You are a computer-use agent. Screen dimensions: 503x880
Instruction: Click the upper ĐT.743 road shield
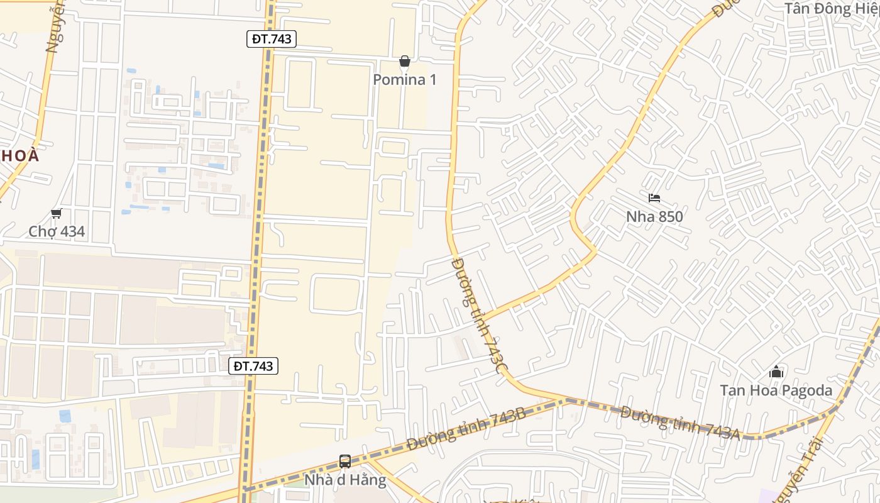coord(271,39)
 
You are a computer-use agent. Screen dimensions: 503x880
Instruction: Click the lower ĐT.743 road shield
coord(253,366)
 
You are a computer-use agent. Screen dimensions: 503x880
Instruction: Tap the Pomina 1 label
coord(404,80)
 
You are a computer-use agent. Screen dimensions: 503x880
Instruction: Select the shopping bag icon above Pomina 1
coord(405,62)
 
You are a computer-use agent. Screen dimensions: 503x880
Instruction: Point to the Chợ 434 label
coord(57,231)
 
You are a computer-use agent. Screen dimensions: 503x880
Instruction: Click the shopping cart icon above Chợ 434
coord(57,214)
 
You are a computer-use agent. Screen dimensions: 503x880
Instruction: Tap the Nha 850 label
coord(654,216)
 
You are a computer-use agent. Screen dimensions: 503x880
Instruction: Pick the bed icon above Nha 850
coord(654,199)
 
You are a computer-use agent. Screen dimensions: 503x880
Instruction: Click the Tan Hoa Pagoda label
coord(776,390)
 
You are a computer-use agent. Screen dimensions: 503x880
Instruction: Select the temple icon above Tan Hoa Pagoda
coord(776,372)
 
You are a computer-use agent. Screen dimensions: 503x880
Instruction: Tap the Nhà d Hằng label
coord(345,480)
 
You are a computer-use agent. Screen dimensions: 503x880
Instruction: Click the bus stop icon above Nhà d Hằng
coord(345,462)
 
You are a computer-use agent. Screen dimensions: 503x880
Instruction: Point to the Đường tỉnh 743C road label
coord(478,314)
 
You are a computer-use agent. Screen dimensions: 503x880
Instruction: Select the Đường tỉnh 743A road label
coord(679,422)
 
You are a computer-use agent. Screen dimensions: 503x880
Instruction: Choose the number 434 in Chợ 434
coord(70,231)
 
